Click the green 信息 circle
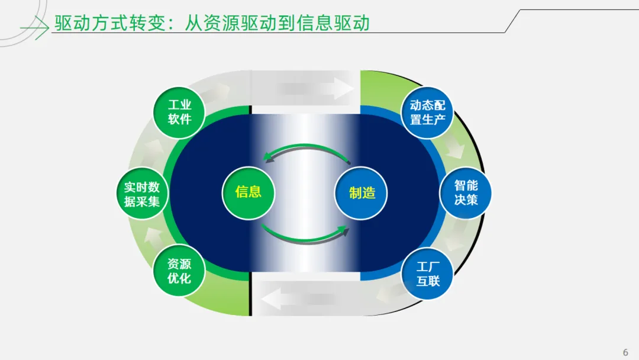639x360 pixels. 248,192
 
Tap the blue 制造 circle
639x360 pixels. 361,192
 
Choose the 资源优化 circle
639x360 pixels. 179,271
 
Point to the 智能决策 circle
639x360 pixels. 466,193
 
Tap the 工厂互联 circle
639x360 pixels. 427,274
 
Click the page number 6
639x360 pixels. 625,352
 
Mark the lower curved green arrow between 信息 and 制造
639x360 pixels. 305,235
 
